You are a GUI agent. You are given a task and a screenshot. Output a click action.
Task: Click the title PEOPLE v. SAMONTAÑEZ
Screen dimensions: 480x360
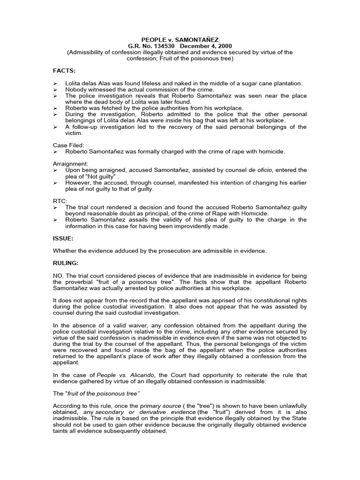coord(180,40)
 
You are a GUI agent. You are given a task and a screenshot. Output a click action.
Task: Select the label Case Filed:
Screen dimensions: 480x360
coord(68,145)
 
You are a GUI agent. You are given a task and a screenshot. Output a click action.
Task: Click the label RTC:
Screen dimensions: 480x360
coord(59,201)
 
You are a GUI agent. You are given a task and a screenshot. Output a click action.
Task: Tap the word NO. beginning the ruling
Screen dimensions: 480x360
coord(58,275)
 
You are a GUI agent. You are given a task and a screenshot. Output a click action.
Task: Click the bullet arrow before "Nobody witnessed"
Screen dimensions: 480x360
coord(55,90)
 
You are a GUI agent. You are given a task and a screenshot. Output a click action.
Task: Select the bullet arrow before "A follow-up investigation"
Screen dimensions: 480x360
coord(55,127)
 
